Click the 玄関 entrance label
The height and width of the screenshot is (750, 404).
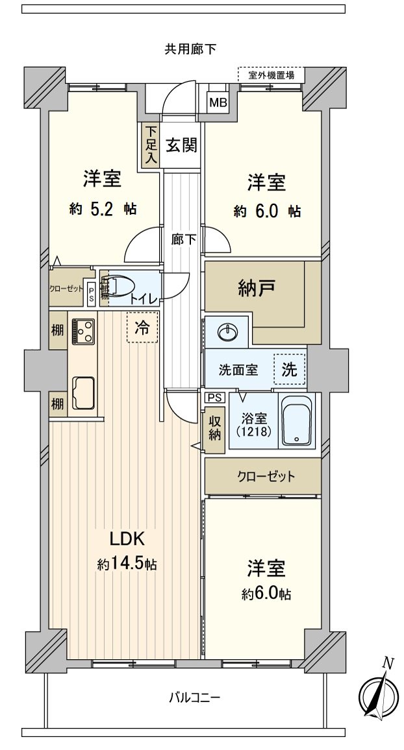point(181,145)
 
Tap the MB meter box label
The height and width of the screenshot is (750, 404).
point(216,103)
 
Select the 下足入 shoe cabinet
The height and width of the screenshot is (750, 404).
point(151,145)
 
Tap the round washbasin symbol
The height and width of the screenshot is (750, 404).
point(227,333)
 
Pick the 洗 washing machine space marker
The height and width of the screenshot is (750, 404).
point(289,369)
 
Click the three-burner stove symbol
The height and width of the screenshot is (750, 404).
point(82,332)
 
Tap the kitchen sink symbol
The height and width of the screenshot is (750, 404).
point(83,393)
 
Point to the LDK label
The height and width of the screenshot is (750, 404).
point(121,540)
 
